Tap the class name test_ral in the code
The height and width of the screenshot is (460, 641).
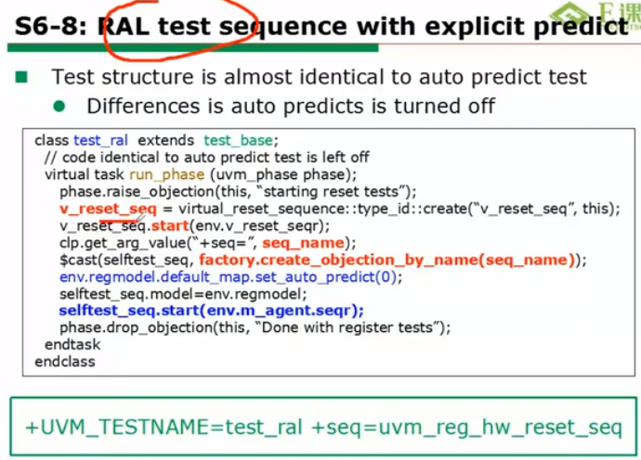point(101,141)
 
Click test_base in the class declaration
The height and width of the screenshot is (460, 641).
point(238,141)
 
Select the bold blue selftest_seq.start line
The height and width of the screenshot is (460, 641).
point(211,310)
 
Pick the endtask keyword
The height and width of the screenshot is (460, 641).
point(68,344)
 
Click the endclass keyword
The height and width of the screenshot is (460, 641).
point(64,361)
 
